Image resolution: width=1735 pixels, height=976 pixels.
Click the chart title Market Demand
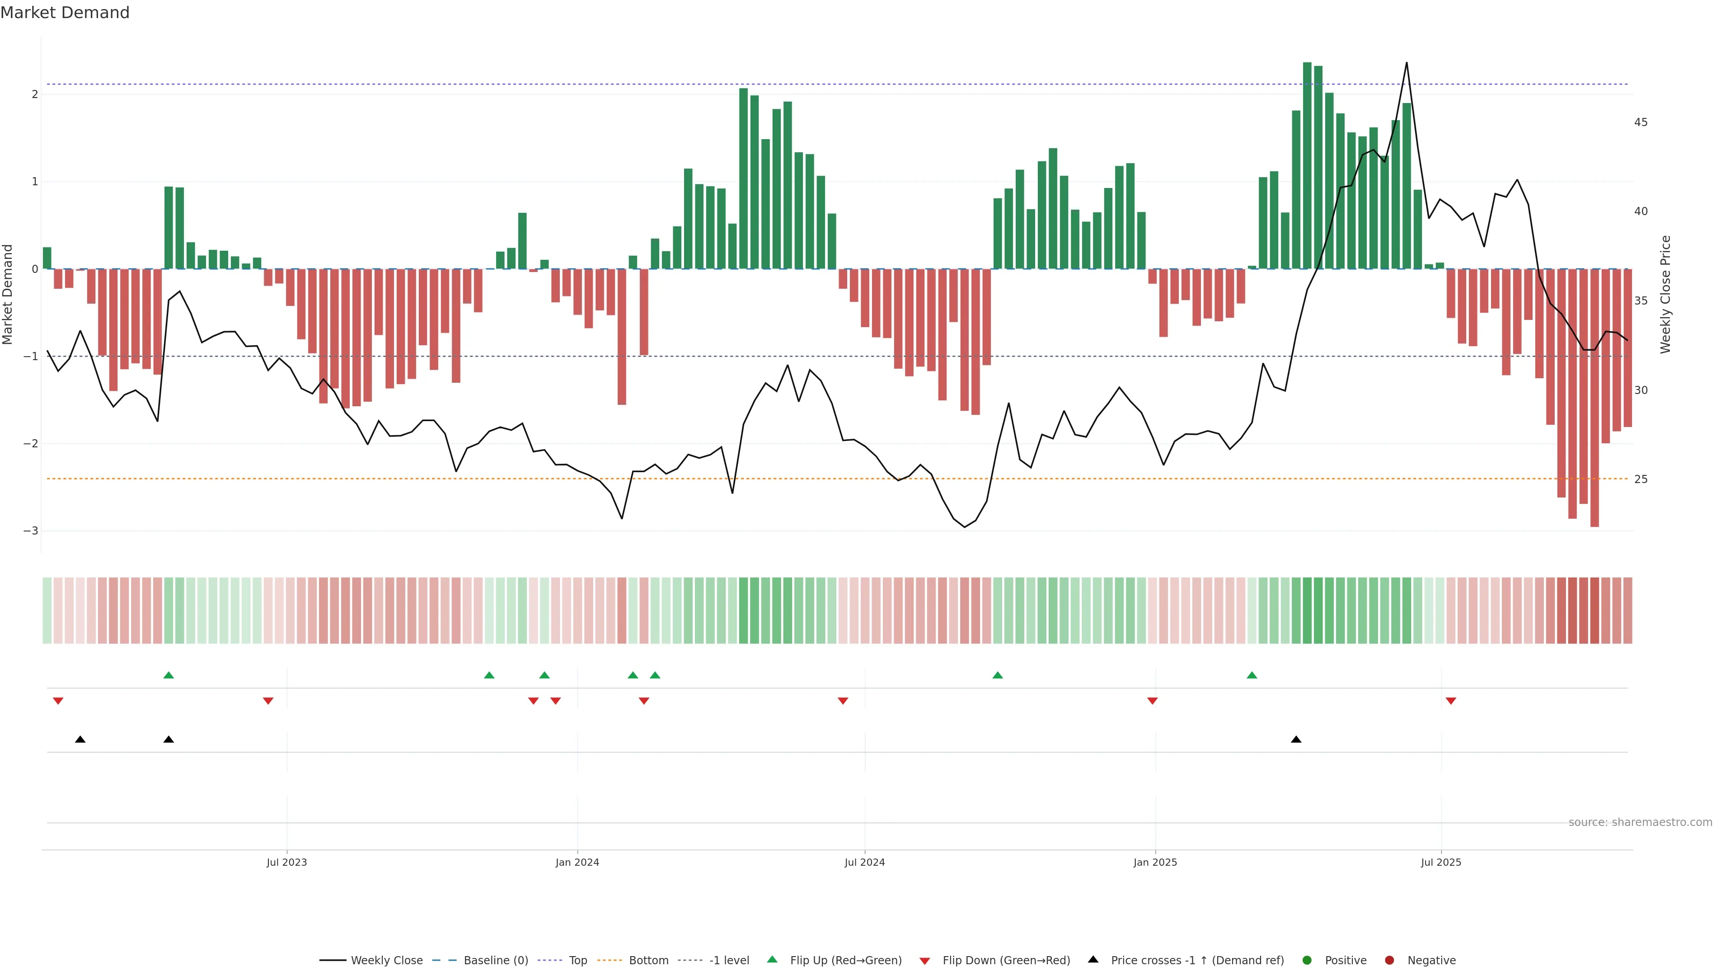pos(65,13)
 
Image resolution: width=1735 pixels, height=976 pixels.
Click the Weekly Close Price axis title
pos(1665,294)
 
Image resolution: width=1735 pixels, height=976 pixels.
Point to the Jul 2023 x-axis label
pos(286,862)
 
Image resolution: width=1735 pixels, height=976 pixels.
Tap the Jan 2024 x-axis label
pos(577,862)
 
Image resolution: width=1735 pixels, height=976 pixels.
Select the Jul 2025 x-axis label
pos(1441,862)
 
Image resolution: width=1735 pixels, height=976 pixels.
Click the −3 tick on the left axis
pos(30,531)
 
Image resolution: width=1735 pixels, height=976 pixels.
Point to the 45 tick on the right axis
pos(1641,122)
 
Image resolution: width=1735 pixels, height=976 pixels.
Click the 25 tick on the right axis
pos(1641,479)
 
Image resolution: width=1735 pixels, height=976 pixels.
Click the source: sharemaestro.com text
pos(1640,822)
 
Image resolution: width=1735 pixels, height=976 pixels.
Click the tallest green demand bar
pos(1307,165)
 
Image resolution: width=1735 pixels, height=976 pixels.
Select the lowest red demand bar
pos(1594,398)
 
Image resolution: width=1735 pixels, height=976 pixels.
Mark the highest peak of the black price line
pos(1407,63)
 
